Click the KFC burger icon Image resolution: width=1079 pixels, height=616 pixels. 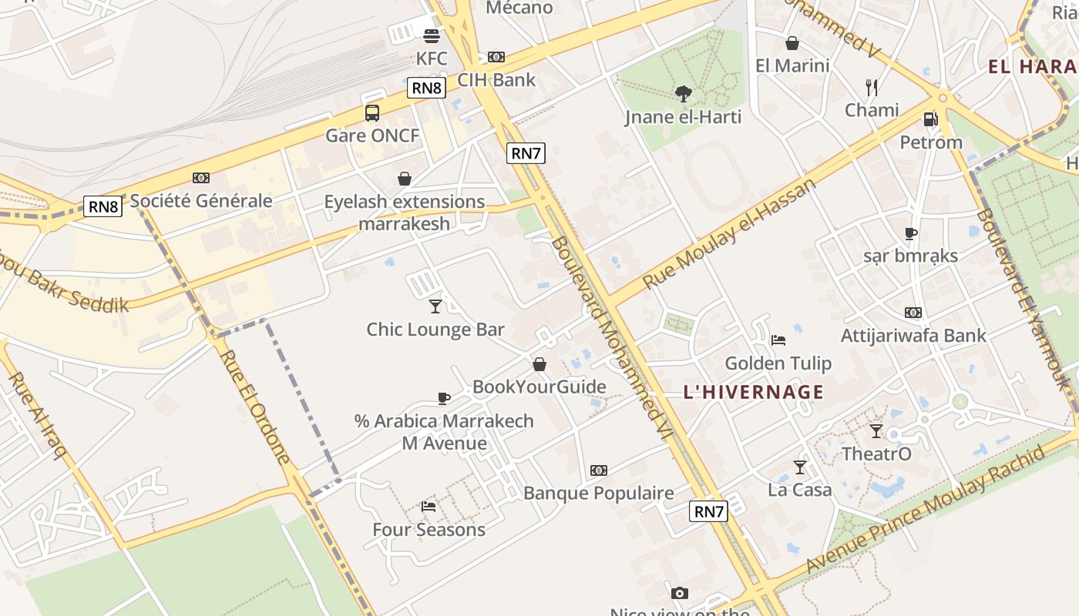tap(432, 35)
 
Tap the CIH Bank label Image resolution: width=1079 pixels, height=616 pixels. tap(496, 79)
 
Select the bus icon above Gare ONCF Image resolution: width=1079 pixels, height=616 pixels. tap(372, 113)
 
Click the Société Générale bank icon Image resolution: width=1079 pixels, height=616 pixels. tap(201, 178)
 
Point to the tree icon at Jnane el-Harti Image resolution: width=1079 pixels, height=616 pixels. tap(683, 94)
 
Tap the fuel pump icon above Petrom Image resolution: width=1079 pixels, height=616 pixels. tap(931, 119)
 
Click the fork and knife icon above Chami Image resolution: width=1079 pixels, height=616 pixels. tap(872, 86)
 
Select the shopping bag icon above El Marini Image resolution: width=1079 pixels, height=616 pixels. tap(792, 43)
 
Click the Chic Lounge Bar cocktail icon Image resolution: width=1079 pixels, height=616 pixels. tap(435, 306)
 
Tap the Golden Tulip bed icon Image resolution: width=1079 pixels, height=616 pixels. tap(778, 340)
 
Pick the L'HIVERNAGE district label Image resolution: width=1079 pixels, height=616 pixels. tap(753, 392)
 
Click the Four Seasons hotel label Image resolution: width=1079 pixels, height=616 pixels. tap(429, 530)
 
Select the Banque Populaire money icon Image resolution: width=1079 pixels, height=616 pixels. tap(599, 470)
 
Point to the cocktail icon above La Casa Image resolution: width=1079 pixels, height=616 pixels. tap(800, 467)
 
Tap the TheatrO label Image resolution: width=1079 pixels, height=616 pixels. tap(876, 454)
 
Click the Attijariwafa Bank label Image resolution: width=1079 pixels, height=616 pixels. tap(913, 336)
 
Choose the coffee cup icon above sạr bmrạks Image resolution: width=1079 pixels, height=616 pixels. tap(911, 233)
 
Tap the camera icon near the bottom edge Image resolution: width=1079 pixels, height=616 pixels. tap(679, 592)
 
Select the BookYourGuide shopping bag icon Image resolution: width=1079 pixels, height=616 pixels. tap(539, 364)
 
